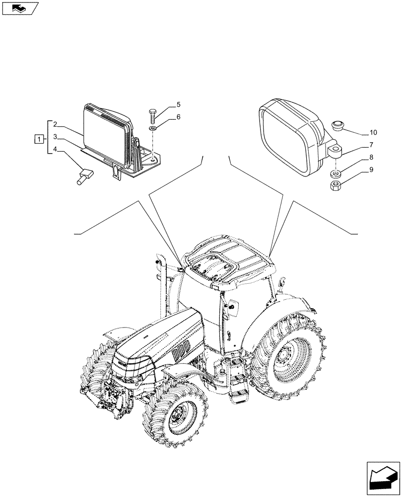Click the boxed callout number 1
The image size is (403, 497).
coord(38,139)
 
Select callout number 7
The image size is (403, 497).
coord(370,146)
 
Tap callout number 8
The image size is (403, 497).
coord(370,158)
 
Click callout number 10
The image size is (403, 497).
coord(372,133)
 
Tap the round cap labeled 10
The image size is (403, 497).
coord(338,124)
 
